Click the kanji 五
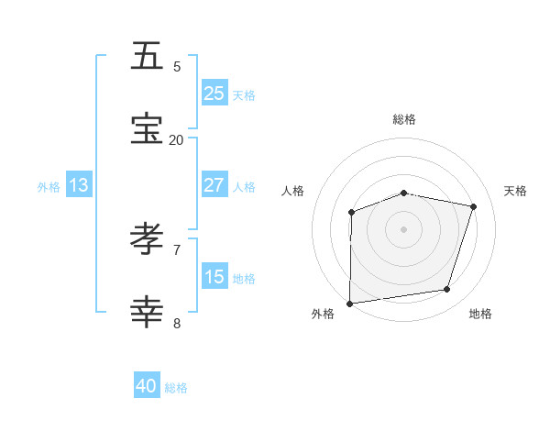148,56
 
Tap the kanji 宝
148,129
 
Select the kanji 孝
148,239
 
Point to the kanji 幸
148,313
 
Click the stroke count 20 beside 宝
176,139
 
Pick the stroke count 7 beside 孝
177,249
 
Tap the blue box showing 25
214,93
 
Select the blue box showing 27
214,184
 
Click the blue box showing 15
214,276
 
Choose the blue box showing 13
79,185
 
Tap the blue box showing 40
147,386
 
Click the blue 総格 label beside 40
176,388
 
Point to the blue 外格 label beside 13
49,186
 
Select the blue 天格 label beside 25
244,94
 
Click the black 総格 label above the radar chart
404,119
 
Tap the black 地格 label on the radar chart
480,314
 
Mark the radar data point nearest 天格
474,206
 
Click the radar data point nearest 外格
349,303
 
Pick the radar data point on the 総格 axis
404,193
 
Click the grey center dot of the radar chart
404,228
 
